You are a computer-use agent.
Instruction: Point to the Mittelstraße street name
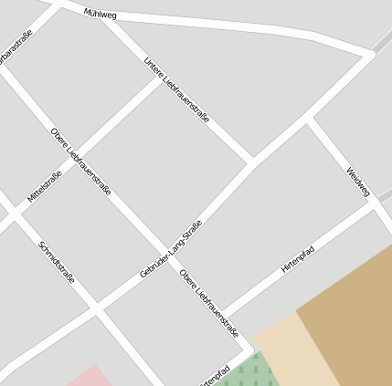tap(45, 185)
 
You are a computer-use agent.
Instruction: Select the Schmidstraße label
tap(57, 260)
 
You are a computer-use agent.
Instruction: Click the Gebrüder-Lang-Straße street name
tap(171, 249)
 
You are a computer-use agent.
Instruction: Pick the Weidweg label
tap(358, 182)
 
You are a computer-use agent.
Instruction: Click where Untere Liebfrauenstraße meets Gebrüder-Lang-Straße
tap(250, 163)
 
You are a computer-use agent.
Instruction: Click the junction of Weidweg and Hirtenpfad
tap(373, 202)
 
